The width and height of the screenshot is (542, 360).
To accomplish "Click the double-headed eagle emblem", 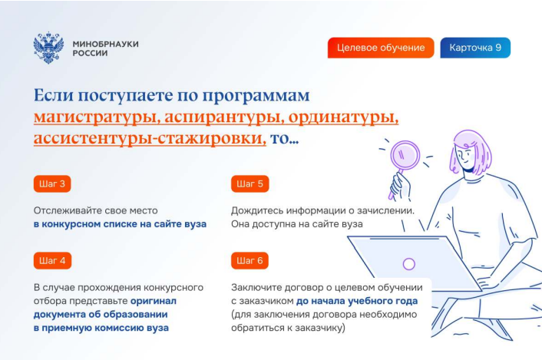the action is (48, 48).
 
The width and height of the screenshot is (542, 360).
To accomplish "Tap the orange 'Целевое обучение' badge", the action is (381, 48).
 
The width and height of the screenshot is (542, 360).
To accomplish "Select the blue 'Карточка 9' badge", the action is (475, 48).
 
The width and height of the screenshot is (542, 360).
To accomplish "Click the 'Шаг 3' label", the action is (52, 183).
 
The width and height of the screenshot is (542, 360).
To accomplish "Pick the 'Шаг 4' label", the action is (52, 260).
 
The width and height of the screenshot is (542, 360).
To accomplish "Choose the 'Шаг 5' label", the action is (250, 183).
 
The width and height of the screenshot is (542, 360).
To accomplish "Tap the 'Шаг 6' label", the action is (250, 260).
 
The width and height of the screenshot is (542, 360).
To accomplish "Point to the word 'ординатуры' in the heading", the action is (344, 117).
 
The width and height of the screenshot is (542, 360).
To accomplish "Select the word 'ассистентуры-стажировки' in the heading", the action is (150, 139).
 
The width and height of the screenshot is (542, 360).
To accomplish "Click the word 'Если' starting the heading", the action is (54, 95).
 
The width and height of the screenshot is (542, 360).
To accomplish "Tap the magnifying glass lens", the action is (405, 156).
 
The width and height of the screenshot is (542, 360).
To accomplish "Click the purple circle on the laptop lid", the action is (409, 264).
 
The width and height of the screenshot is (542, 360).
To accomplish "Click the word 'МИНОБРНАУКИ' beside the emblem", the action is (106, 45).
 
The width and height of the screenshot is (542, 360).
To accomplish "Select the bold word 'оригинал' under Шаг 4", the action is (153, 301).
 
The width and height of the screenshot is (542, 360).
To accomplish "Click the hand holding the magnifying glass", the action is (401, 186).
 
